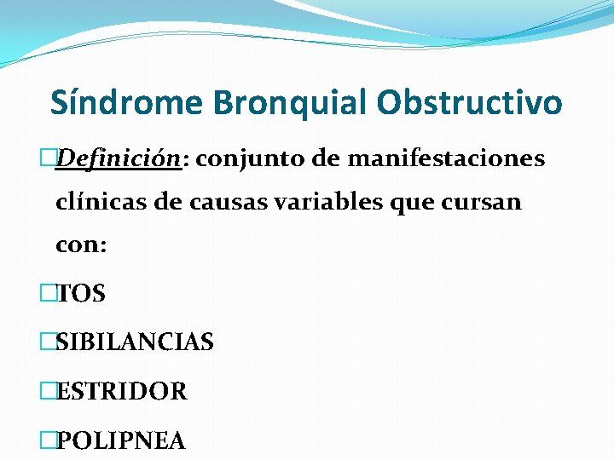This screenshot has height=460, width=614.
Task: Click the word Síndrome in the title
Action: pyautogui.click(x=127, y=103)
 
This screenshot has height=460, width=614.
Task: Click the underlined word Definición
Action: pyautogui.click(x=118, y=159)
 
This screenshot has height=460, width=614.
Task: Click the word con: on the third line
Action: pyautogui.click(x=81, y=245)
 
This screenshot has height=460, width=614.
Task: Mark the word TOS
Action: pyautogui.click(x=80, y=294)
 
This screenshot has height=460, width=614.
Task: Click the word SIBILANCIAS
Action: pyautogui.click(x=134, y=342)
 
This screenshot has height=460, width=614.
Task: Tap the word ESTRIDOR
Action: pyautogui.click(x=121, y=392)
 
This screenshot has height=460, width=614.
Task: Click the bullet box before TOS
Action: pyautogui.click(x=48, y=294)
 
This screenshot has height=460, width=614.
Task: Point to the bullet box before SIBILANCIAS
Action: pyautogui.click(x=48, y=342)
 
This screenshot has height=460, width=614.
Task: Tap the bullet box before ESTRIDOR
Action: pyautogui.click(x=48, y=392)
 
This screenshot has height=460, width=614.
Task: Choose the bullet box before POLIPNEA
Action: pyautogui.click(x=48, y=440)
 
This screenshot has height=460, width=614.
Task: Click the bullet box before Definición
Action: pyautogui.click(x=48, y=159)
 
